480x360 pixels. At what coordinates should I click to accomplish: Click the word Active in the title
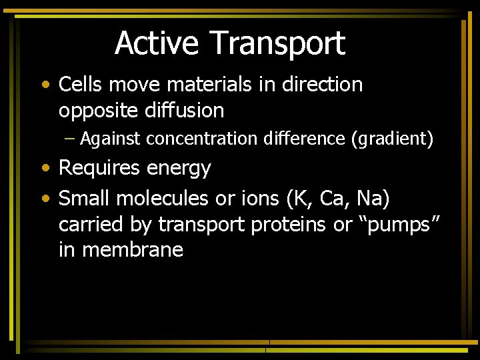[x=157, y=44]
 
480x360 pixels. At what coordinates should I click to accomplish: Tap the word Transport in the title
[x=277, y=44]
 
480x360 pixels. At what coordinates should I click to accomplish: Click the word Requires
[x=100, y=168]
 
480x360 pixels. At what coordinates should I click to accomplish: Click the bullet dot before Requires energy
[x=44, y=169]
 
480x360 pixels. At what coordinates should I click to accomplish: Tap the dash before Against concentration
[x=71, y=139]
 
